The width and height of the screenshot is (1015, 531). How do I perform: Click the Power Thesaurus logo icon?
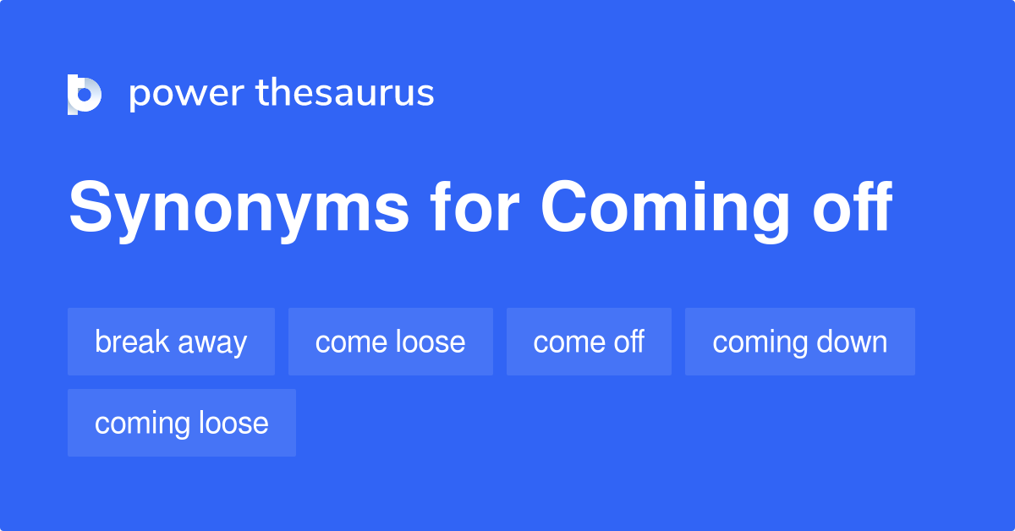[85, 94]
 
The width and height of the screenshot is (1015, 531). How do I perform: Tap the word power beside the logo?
[186, 94]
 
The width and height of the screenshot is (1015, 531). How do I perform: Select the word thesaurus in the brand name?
[345, 94]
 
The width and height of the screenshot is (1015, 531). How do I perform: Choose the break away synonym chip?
[171, 342]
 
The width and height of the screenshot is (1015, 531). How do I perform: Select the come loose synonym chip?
[390, 342]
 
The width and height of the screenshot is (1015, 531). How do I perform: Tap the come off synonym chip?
[589, 342]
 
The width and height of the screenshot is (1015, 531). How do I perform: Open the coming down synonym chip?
[799, 342]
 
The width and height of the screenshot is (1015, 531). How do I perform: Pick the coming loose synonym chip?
[181, 423]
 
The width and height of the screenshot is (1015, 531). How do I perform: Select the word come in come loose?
[347, 342]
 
